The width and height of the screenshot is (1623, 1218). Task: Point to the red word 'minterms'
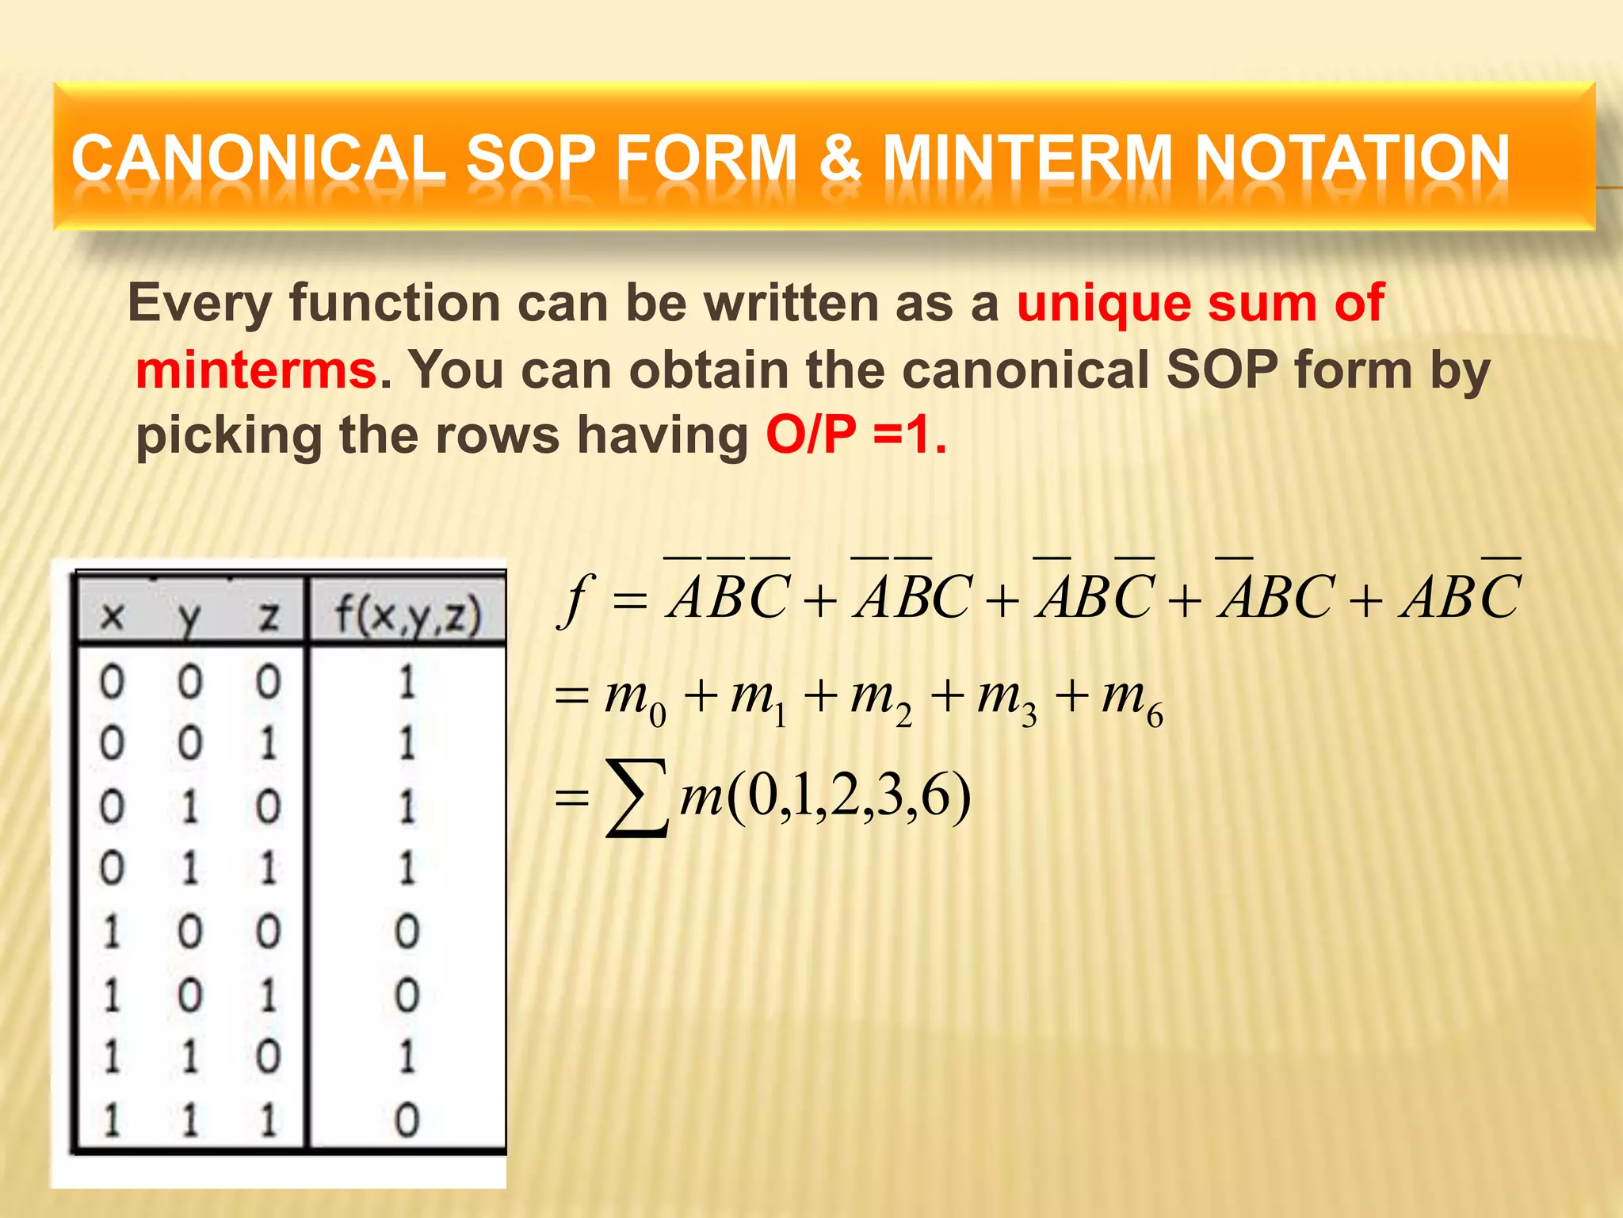click(x=256, y=370)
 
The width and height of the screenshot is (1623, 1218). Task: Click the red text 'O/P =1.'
click(x=856, y=435)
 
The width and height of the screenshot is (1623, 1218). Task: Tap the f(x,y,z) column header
click(x=407, y=615)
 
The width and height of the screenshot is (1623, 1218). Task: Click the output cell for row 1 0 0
click(x=407, y=932)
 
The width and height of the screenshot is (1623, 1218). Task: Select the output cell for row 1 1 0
click(x=407, y=1057)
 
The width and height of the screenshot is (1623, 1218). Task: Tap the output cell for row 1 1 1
click(x=407, y=1120)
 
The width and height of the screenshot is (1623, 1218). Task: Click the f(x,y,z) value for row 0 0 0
click(x=407, y=682)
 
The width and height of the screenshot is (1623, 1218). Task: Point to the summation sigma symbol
click(x=636, y=798)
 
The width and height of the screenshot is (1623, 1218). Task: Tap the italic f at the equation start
click(x=577, y=599)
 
